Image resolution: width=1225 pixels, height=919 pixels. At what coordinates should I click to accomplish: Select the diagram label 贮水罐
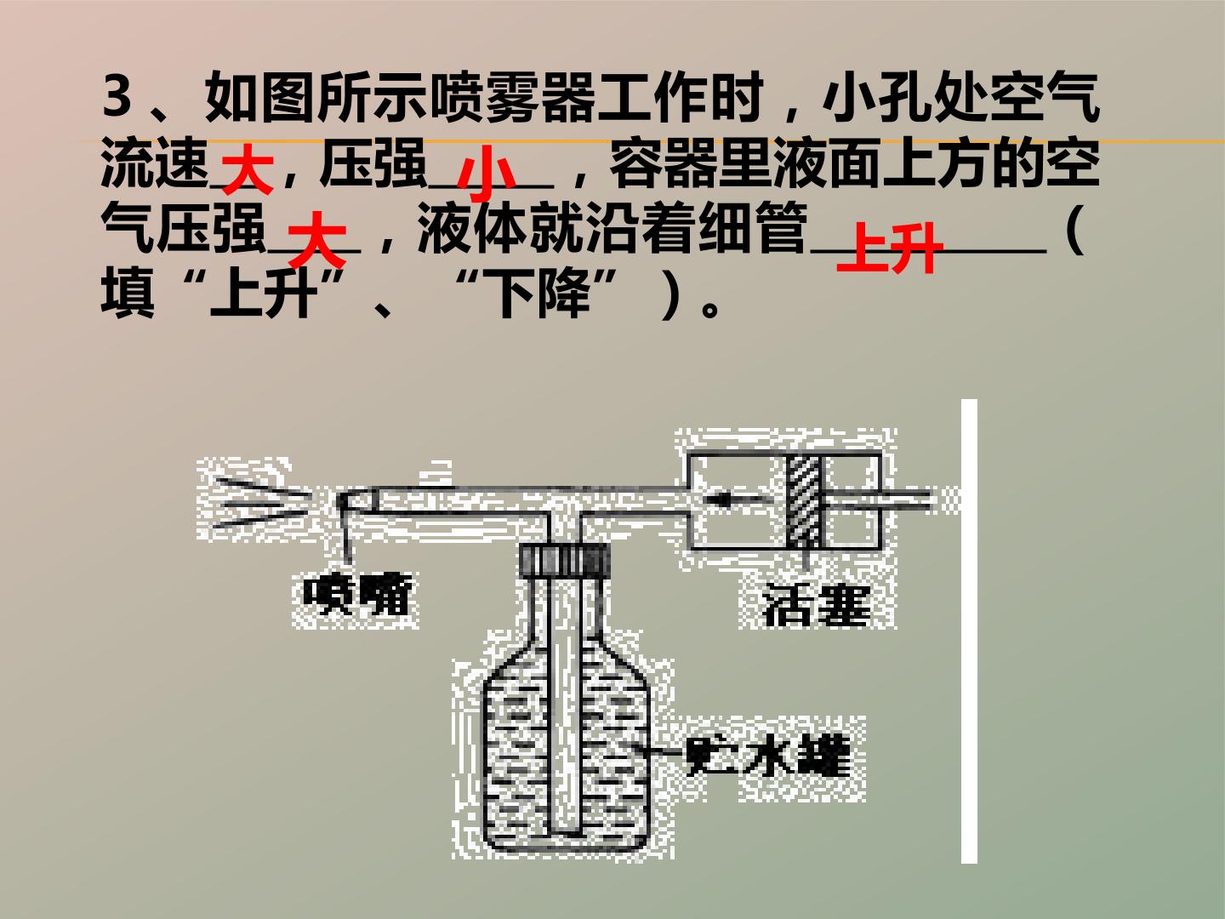point(768,757)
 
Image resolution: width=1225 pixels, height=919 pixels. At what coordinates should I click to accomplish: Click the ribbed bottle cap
point(564,560)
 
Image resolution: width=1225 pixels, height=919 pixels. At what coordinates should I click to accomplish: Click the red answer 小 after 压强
point(486,173)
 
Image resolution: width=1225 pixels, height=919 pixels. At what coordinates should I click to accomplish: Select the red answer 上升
point(890,248)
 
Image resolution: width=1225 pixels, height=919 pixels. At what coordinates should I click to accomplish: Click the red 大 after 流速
point(248,168)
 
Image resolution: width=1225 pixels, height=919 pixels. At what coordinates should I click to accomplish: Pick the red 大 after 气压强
point(316,239)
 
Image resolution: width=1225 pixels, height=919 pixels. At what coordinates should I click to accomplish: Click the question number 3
point(117,99)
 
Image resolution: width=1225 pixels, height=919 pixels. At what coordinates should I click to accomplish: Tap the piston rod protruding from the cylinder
point(876,499)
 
